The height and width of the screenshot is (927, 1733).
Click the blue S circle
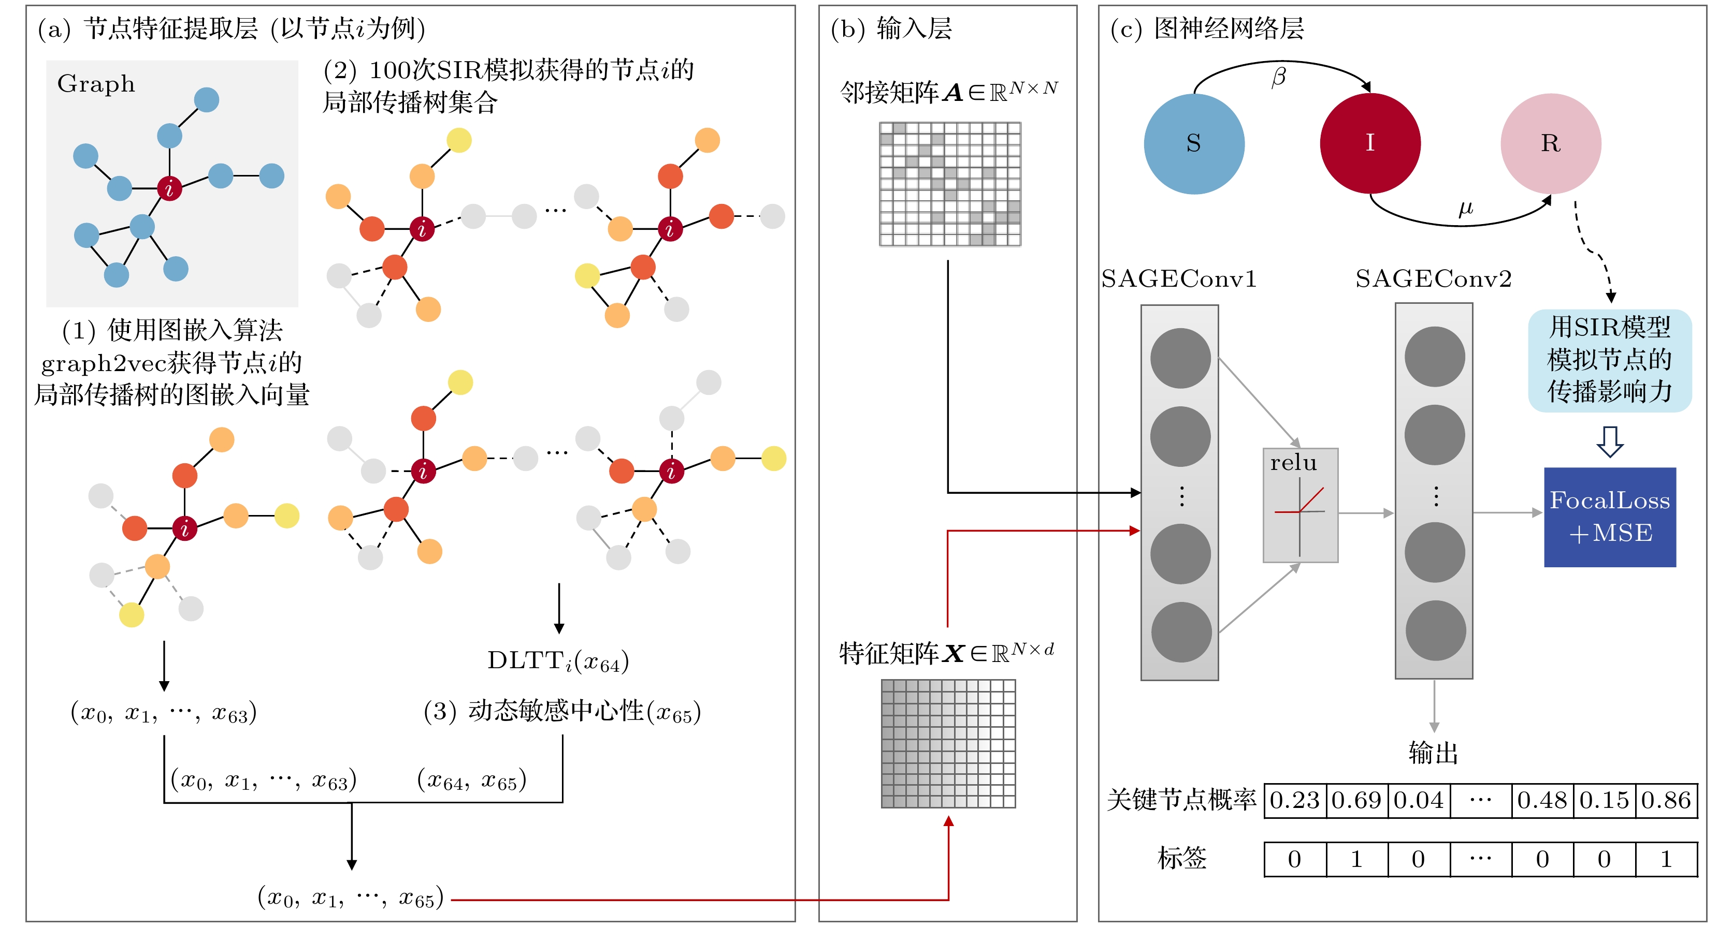tap(1193, 143)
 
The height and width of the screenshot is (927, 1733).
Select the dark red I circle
tap(1370, 143)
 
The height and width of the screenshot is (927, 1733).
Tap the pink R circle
tap(1550, 143)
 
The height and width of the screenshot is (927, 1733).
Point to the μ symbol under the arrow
tap(1465, 209)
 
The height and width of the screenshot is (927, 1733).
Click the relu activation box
tap(1300, 505)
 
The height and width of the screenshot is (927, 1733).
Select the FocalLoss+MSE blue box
tap(1609, 516)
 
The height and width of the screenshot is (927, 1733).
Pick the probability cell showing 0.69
tap(1356, 800)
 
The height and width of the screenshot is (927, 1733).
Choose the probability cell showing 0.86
tap(1666, 800)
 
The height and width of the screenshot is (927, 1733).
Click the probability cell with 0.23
tap(1294, 800)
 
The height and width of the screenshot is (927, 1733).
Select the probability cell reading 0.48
tap(1542, 800)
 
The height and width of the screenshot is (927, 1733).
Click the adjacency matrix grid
tap(950, 184)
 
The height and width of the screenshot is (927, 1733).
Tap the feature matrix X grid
tap(948, 743)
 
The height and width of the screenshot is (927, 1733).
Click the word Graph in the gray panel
tap(96, 83)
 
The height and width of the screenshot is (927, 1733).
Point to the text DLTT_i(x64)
tap(558, 661)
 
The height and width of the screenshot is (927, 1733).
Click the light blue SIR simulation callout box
tap(1609, 360)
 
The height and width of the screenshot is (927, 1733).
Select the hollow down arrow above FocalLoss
tap(1609, 442)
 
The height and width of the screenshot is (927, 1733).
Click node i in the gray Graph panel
tap(169, 188)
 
